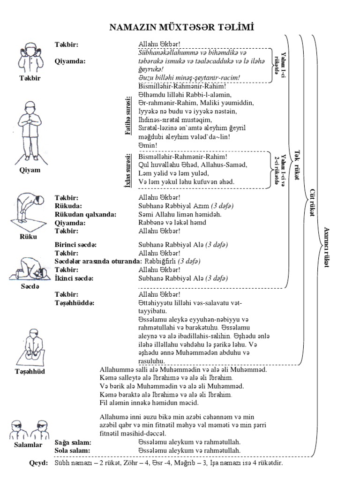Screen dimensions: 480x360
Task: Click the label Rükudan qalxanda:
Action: (85, 214)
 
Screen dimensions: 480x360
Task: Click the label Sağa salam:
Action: (73, 442)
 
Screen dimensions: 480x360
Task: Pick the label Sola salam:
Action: (72, 450)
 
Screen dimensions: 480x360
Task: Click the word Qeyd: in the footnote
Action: (38, 463)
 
